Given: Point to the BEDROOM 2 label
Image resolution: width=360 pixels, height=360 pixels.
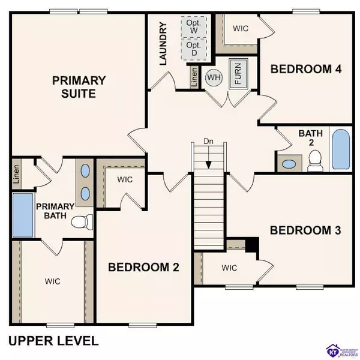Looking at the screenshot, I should (x=143, y=268).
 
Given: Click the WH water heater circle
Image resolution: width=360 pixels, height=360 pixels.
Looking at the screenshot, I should (x=214, y=77).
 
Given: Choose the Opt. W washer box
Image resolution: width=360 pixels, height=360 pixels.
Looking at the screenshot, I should (x=194, y=28).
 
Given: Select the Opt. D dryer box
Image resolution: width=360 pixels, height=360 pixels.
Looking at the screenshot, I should (x=194, y=50).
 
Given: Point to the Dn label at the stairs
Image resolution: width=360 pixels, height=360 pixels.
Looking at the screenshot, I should (x=207, y=142).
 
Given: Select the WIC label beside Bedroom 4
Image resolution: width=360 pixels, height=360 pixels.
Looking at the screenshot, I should (x=241, y=28).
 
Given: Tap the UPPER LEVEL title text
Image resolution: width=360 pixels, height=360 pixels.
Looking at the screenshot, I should (x=53, y=341).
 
